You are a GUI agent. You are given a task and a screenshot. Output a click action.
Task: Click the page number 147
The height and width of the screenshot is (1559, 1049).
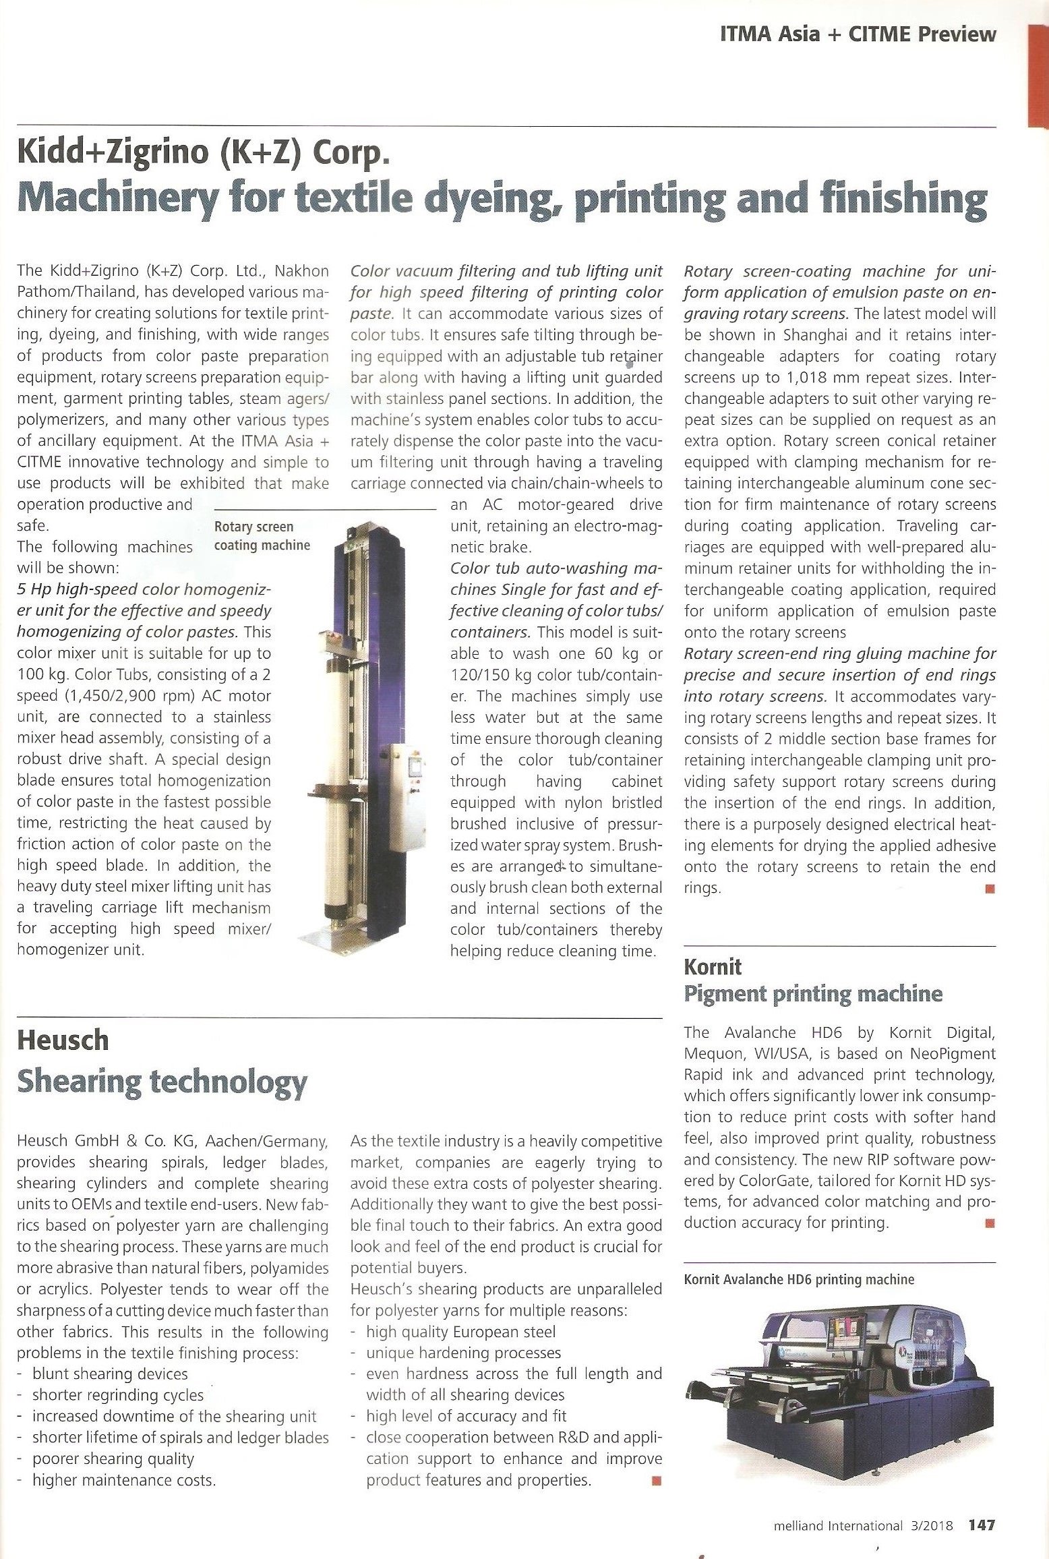tap(982, 1525)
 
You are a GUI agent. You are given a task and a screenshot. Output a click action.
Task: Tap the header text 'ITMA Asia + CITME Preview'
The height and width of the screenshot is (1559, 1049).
tap(858, 34)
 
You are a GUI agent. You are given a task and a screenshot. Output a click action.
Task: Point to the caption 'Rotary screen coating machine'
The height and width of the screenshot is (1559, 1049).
tap(262, 535)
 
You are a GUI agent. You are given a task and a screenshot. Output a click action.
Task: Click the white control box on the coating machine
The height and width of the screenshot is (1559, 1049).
tap(404, 775)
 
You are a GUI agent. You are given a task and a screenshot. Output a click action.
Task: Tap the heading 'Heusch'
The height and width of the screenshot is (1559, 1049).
tap(63, 1040)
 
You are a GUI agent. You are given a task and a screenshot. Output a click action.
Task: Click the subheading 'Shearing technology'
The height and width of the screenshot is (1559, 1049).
tap(162, 1082)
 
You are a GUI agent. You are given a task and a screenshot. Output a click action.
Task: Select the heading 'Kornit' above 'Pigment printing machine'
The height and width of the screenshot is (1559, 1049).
tap(713, 967)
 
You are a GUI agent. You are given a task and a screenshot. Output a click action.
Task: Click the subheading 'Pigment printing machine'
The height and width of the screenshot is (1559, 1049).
tap(813, 993)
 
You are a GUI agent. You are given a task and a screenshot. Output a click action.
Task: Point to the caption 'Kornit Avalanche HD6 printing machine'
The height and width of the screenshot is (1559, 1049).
tap(799, 1279)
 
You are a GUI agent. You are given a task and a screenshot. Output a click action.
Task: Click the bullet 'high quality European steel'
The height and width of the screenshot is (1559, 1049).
tap(461, 1332)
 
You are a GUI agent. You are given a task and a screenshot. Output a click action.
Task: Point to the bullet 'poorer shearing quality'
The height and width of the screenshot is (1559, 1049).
tap(113, 1459)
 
